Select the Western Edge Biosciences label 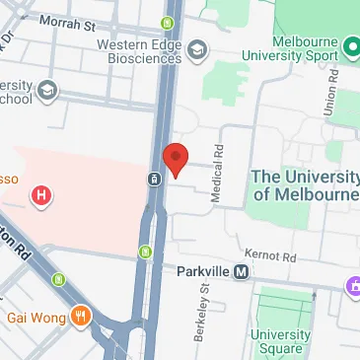[x=139, y=50]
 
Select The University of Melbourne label [x=305, y=185]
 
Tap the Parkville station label [x=204, y=273]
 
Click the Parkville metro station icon [x=241, y=273]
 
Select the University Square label [x=280, y=341]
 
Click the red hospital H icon [x=41, y=195]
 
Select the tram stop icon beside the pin [x=155, y=180]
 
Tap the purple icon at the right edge [x=353, y=287]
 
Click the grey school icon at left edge [x=48, y=91]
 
